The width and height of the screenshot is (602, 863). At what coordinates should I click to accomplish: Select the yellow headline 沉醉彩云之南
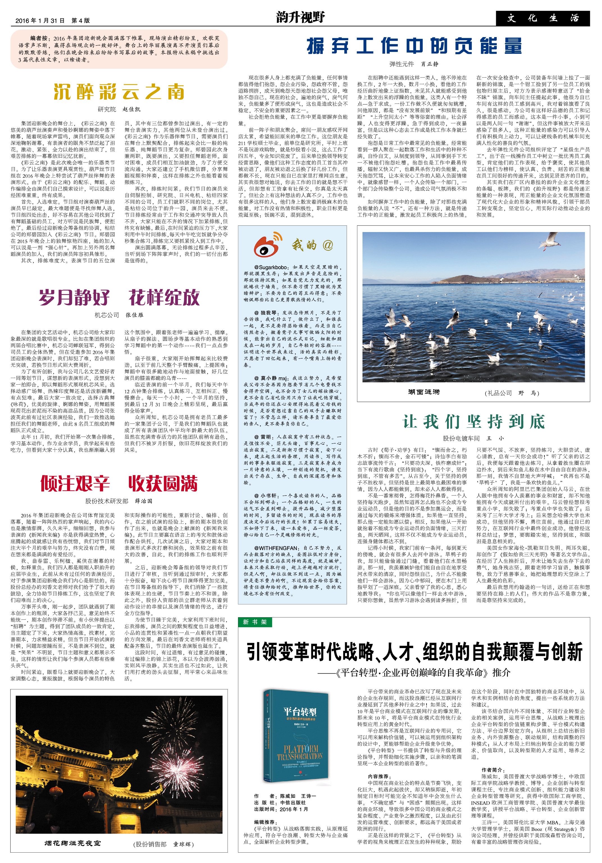(119, 92)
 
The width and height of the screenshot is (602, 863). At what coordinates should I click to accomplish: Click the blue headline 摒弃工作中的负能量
(414, 46)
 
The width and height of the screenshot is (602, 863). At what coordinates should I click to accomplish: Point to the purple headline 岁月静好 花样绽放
(119, 298)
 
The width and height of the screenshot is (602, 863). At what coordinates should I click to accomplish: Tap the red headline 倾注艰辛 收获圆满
(119, 483)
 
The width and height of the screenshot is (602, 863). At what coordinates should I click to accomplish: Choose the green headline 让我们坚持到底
(473, 422)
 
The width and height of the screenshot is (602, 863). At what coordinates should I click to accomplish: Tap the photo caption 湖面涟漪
(424, 392)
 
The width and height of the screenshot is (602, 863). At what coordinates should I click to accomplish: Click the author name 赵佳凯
(131, 109)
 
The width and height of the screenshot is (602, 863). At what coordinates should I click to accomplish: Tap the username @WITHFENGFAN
(276, 548)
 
